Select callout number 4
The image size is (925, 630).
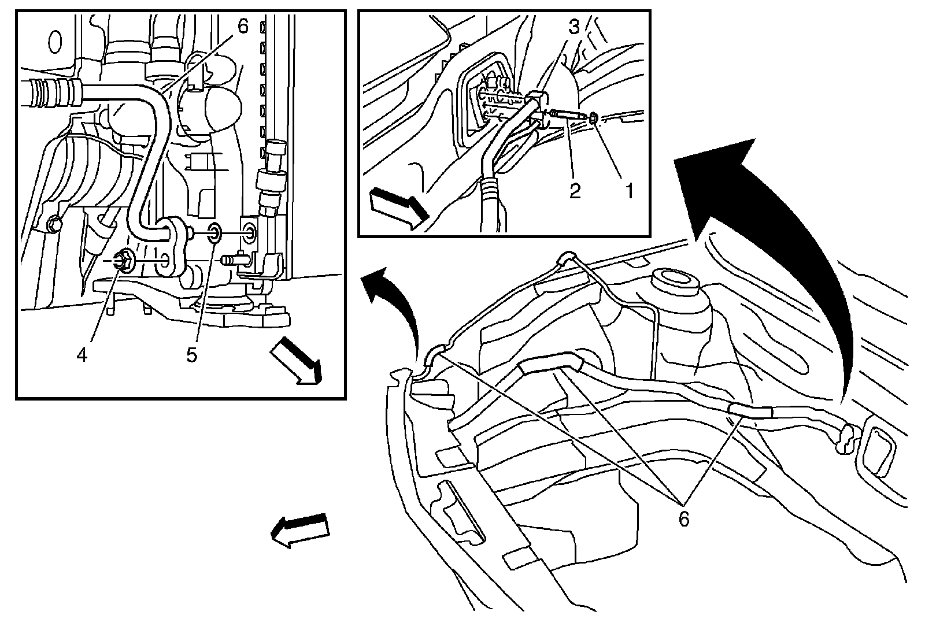tap(82, 355)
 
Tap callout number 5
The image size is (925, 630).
tap(192, 355)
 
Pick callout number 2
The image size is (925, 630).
tap(575, 191)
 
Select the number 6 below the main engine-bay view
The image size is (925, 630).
tap(684, 520)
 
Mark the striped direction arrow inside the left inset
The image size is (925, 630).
tap(295, 362)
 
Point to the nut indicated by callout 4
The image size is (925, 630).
tap(123, 262)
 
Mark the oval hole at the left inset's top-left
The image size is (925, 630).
tap(55, 42)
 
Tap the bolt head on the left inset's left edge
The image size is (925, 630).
tap(55, 223)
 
